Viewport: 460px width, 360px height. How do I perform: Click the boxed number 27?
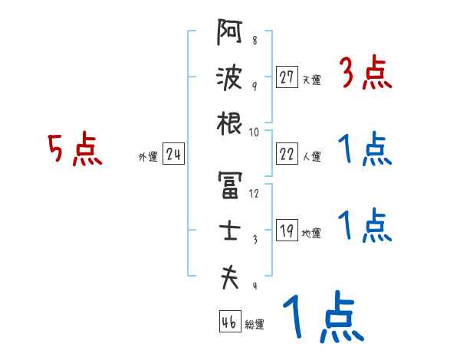tap(287, 77)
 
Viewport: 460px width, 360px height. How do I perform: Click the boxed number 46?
tap(228, 322)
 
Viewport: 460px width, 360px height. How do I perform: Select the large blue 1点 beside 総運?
tap(322, 320)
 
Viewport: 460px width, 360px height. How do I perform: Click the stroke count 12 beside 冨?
tap(254, 193)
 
